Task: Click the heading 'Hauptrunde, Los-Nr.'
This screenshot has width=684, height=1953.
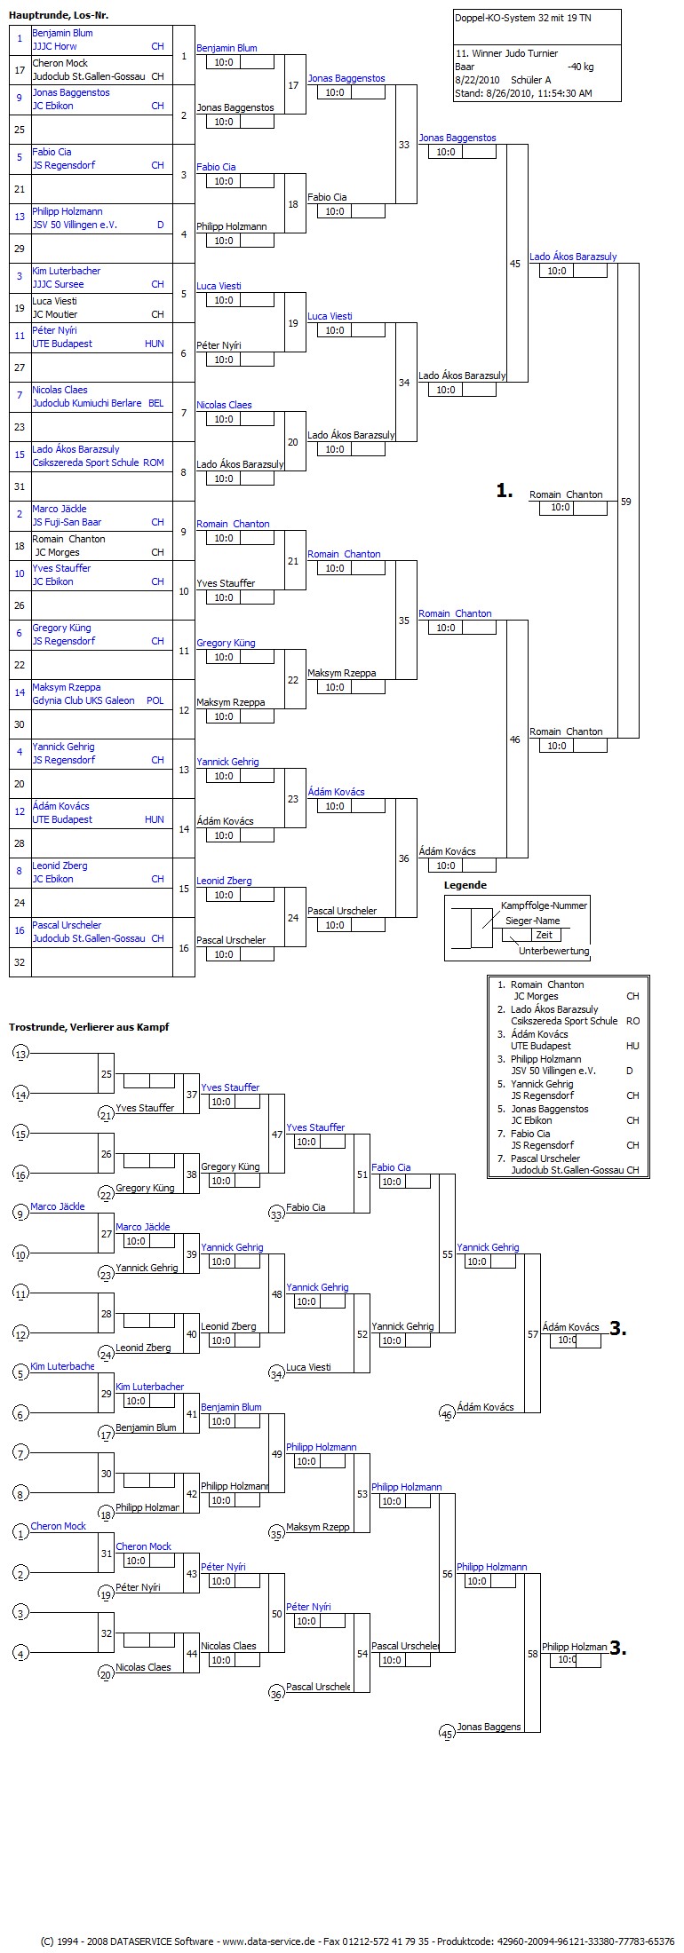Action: click(59, 16)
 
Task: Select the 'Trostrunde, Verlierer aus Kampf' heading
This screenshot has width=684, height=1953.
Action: click(89, 1027)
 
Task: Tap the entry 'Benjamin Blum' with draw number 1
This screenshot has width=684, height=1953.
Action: click(62, 33)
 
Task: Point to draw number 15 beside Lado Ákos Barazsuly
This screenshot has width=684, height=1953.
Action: click(20, 455)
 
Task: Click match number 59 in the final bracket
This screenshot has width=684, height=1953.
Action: click(626, 502)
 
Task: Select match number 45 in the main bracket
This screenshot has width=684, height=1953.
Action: click(515, 264)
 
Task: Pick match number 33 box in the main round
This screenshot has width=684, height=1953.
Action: click(404, 145)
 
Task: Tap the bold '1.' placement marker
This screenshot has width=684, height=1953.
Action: click(505, 490)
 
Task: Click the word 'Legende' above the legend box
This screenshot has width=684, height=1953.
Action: click(465, 885)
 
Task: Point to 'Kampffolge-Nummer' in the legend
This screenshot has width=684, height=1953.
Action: click(544, 905)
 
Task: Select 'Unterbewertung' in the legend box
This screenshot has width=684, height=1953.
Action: click(554, 951)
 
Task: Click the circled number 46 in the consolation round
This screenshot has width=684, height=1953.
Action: click(447, 1414)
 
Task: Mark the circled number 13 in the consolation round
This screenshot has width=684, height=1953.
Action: click(21, 1054)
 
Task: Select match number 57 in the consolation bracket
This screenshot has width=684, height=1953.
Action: click(533, 1334)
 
